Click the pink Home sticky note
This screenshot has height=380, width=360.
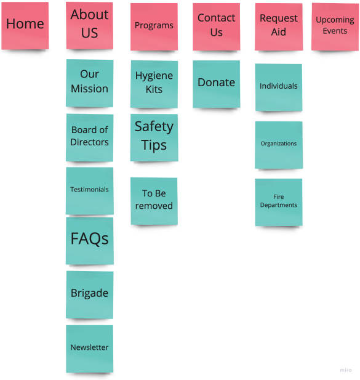(25, 26)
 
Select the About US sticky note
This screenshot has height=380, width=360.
(90, 26)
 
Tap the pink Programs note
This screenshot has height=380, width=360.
(154, 26)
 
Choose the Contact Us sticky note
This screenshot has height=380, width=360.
(217, 26)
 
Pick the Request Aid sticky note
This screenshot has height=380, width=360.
(279, 26)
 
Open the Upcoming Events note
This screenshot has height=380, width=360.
(335, 26)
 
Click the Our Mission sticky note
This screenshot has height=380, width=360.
(90, 83)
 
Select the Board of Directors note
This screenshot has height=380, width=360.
(90, 138)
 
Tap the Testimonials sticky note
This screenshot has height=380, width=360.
(90, 191)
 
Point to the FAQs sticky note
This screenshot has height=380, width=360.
(90, 241)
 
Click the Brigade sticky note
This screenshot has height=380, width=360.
(90, 294)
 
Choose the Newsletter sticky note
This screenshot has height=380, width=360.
(90, 349)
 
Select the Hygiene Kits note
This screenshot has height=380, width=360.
(154, 84)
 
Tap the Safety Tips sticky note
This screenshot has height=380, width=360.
(154, 138)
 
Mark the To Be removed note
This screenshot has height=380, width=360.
(154, 201)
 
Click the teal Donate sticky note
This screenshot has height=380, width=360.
(217, 84)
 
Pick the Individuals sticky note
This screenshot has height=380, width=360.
(279, 87)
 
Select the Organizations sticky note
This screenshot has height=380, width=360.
(279, 145)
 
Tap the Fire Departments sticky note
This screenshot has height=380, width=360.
(279, 203)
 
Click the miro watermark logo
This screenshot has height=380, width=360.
(346, 370)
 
